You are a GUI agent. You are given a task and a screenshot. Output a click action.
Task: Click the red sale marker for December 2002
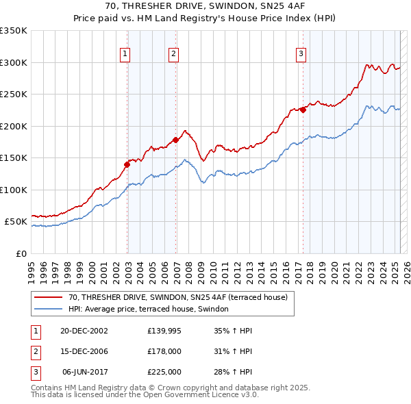pos(127,164)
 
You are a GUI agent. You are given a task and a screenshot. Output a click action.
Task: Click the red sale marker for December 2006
pos(175,140)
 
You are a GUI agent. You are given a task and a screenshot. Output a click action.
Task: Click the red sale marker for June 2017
pos(302,110)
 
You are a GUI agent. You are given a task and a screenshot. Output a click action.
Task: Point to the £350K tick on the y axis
pos(14,31)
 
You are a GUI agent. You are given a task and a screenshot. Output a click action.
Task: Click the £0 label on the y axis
pos(21,253)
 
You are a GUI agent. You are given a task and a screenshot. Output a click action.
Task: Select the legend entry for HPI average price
pos(152,310)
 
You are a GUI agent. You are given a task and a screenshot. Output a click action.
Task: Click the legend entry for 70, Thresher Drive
pos(181,297)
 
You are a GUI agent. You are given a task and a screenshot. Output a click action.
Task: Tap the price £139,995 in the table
pos(164,331)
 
